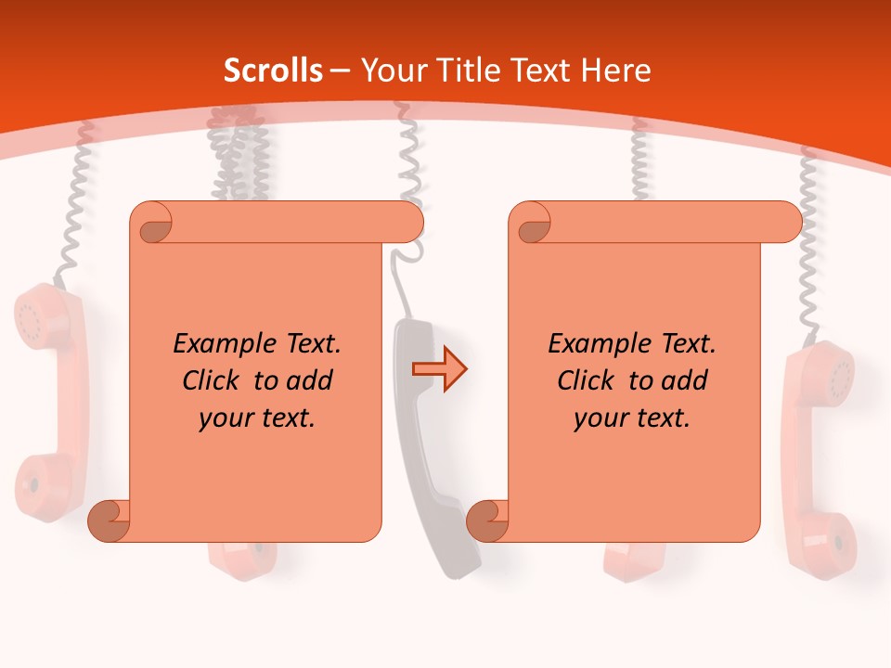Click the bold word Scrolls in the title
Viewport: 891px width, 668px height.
click(273, 71)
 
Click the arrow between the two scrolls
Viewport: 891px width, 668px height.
click(439, 369)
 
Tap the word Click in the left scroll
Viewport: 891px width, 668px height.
click(213, 380)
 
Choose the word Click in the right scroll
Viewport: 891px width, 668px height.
click(588, 380)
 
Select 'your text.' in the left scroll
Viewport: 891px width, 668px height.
click(256, 418)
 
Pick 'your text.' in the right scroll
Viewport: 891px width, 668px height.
click(631, 418)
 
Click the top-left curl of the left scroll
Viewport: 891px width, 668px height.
click(153, 224)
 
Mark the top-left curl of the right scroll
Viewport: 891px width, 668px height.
click(531, 224)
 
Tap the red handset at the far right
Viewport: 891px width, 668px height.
click(819, 455)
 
